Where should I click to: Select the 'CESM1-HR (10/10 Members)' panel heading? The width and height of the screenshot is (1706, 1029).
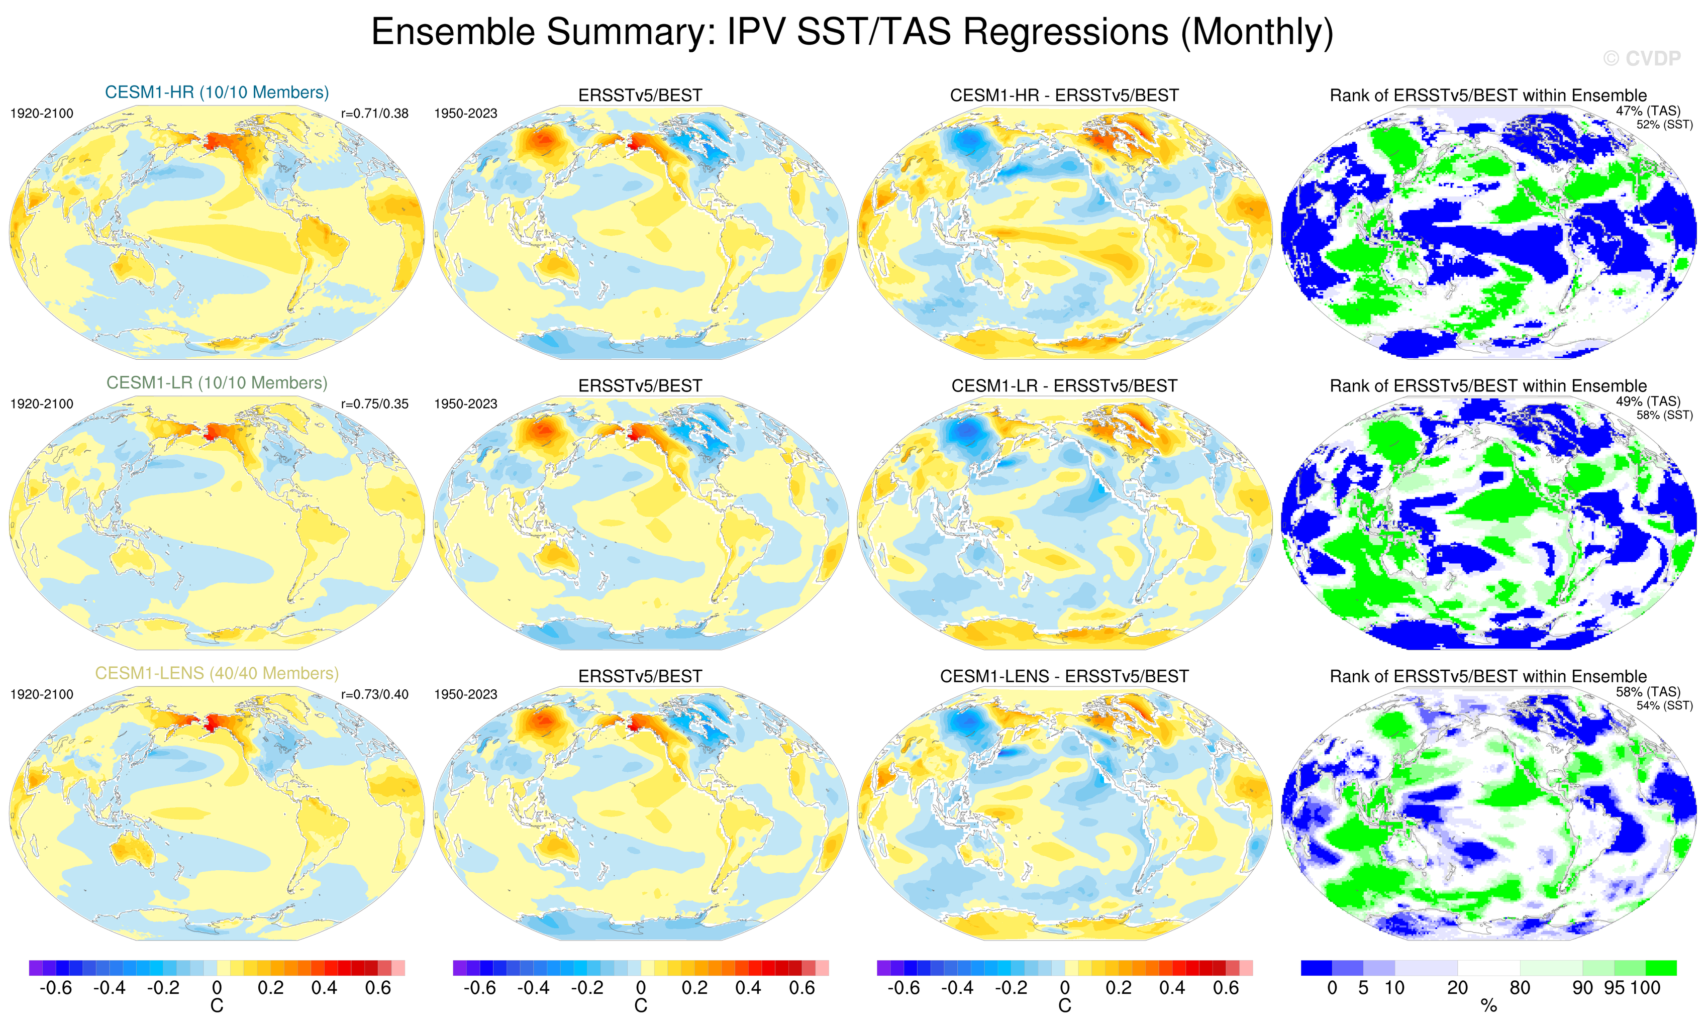pos(217,92)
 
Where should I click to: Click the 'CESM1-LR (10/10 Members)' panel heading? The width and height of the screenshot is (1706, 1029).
pos(217,383)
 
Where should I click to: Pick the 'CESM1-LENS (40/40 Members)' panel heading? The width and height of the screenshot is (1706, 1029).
pos(217,673)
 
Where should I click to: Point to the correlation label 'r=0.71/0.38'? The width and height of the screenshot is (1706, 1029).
pos(374,114)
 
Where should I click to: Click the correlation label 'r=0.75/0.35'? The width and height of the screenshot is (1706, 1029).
pos(374,403)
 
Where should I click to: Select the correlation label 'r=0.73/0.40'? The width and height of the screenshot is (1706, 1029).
pos(374,694)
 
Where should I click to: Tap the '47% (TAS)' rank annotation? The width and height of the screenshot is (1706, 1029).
pos(1648,111)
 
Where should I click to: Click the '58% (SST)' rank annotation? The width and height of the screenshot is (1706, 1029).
pos(1664,416)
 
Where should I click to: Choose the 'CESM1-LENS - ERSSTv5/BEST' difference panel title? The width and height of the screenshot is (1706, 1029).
pos(1064,676)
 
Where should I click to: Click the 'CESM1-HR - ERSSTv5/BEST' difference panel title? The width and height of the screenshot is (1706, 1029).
pos(1064,95)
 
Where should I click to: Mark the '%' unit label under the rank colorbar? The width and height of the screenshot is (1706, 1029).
pos(1488,1006)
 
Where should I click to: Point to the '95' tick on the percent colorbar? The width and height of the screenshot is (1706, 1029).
pos(1614,988)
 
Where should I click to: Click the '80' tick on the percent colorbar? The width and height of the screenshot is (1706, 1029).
pos(1520,988)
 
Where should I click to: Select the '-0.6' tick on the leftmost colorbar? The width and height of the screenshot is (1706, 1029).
pos(55,988)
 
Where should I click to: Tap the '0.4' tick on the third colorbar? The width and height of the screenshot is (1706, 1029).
pos(1172,988)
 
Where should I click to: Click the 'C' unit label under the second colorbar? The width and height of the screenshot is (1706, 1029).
pos(641,1006)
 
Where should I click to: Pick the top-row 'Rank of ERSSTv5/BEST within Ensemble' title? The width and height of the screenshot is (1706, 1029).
pos(1488,95)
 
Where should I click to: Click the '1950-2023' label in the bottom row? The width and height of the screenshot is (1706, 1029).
pos(465,694)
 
